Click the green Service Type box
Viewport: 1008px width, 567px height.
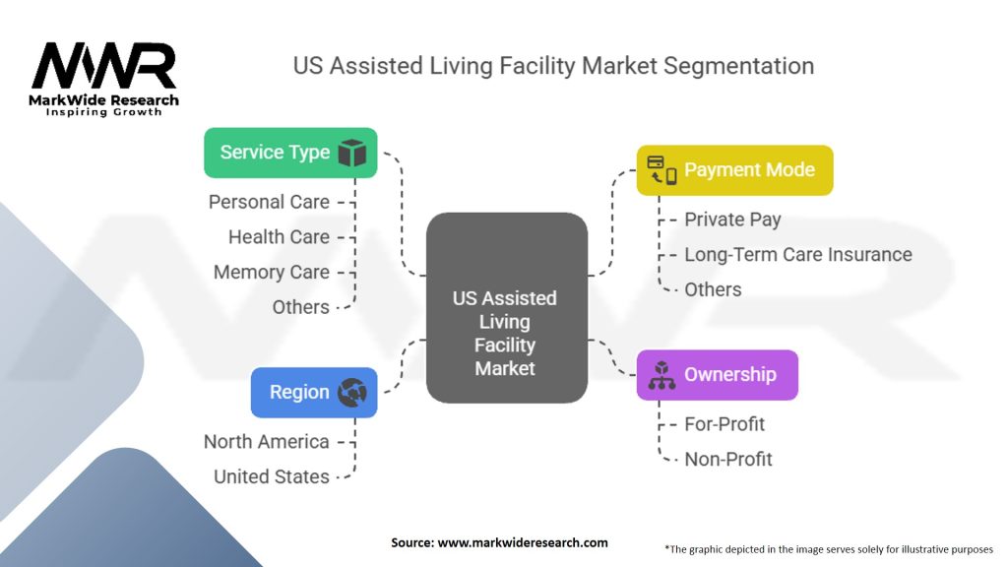coord(290,153)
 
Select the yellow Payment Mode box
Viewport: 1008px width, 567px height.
coord(734,170)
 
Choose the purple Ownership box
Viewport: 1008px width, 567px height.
coord(717,374)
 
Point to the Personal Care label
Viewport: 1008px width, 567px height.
coord(269,202)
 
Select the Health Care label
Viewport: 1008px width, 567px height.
coord(279,236)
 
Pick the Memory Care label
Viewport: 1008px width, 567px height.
coord(272,272)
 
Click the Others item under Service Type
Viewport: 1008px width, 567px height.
coord(300,307)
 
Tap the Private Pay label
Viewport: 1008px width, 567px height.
coord(732,219)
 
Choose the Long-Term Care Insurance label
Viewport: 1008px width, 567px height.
coord(797,254)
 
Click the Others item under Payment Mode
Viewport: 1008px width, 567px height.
coord(713,289)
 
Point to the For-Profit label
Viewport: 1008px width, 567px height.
coord(724,424)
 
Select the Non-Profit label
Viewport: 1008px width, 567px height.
coord(728,459)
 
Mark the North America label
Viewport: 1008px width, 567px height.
coord(266,441)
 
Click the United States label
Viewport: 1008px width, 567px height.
coord(272,476)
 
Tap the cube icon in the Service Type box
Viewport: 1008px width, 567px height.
coord(351,153)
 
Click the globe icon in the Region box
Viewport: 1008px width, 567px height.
coord(351,393)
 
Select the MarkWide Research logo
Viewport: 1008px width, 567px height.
coord(104,79)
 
